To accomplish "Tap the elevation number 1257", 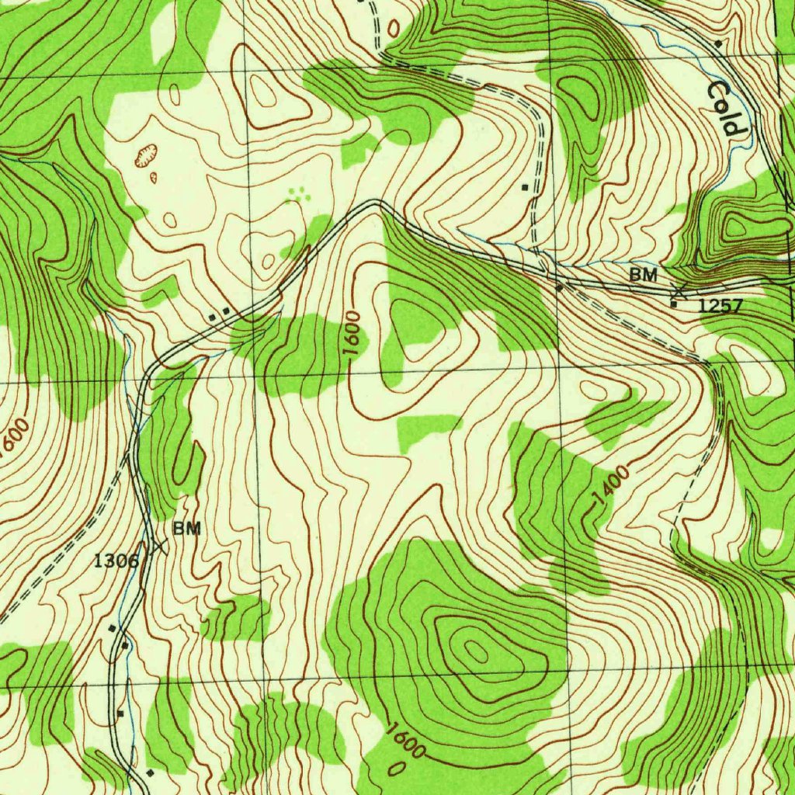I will click(x=720, y=306).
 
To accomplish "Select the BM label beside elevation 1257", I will click(x=643, y=274).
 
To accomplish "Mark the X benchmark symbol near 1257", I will click(x=679, y=291).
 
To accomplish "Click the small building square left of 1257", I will click(x=673, y=304).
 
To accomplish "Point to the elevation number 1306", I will click(x=116, y=560).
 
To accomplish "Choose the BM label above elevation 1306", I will click(x=186, y=529).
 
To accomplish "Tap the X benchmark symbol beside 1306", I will click(x=159, y=547).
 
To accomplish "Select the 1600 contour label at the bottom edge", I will click(x=404, y=741).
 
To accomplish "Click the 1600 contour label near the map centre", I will click(x=354, y=335).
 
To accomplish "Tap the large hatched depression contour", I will click(x=146, y=157).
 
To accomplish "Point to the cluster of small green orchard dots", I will click(x=297, y=193).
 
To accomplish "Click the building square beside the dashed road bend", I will click(x=526, y=187).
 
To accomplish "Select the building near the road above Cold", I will click(x=718, y=43).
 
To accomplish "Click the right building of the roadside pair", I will click(x=226, y=311).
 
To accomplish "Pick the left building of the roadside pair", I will click(x=213, y=316).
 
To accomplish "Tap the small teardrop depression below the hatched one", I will click(x=153, y=177).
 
